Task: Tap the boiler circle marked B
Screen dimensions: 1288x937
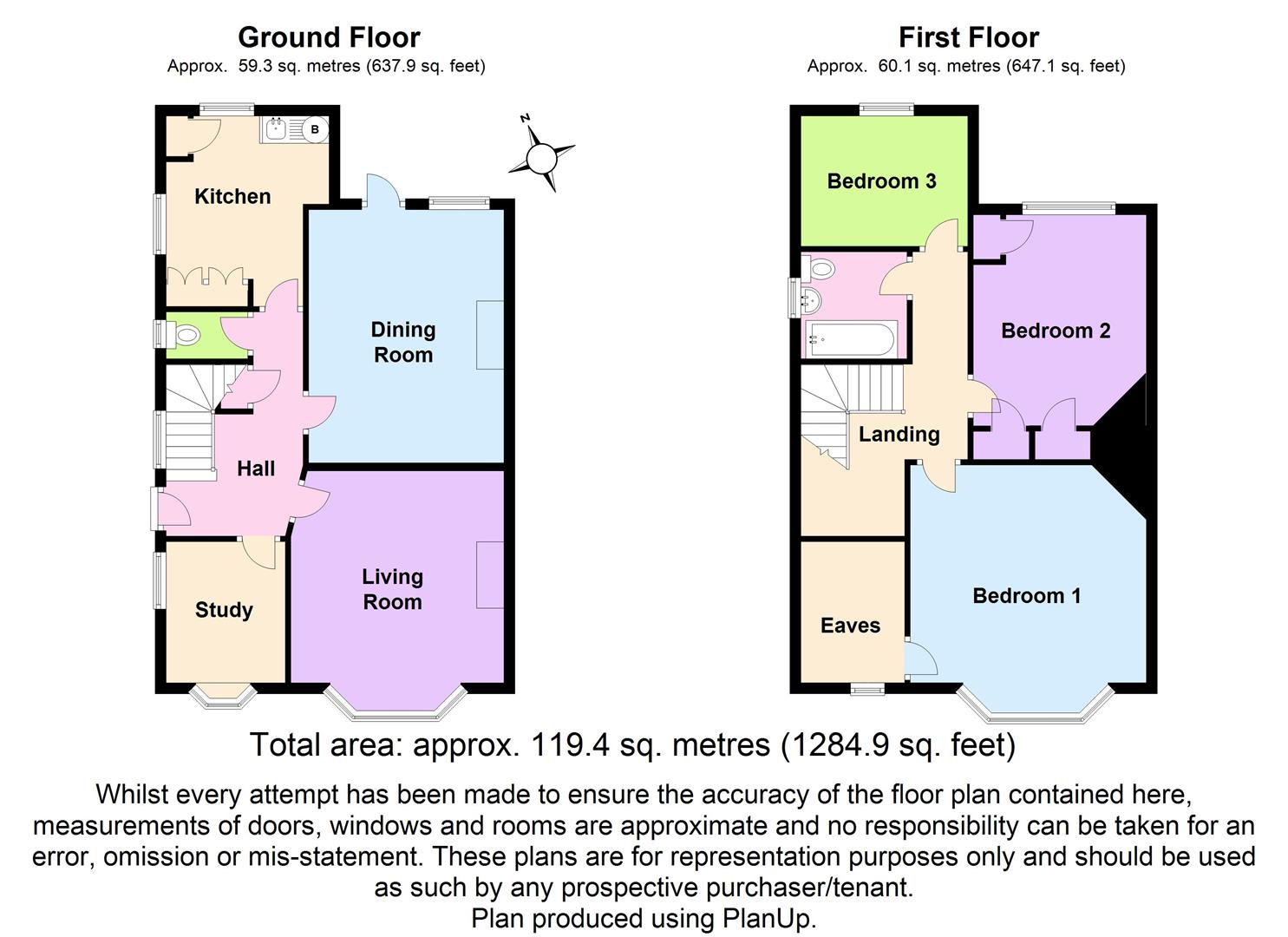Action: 315,129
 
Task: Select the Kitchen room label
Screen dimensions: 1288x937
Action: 232,197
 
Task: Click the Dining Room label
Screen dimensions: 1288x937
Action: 403,342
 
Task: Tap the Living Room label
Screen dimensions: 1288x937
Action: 392,589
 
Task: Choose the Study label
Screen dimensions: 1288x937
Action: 224,610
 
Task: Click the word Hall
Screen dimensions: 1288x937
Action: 256,468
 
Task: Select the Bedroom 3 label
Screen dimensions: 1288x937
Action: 881,181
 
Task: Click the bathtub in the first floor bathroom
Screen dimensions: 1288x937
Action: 851,340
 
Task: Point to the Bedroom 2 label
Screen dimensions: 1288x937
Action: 1056,331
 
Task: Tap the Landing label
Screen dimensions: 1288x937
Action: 899,434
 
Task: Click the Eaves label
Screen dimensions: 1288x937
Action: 850,626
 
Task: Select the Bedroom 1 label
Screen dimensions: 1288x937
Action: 1026,596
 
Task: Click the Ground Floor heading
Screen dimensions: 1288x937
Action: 329,37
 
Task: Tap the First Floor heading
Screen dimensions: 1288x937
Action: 968,37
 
